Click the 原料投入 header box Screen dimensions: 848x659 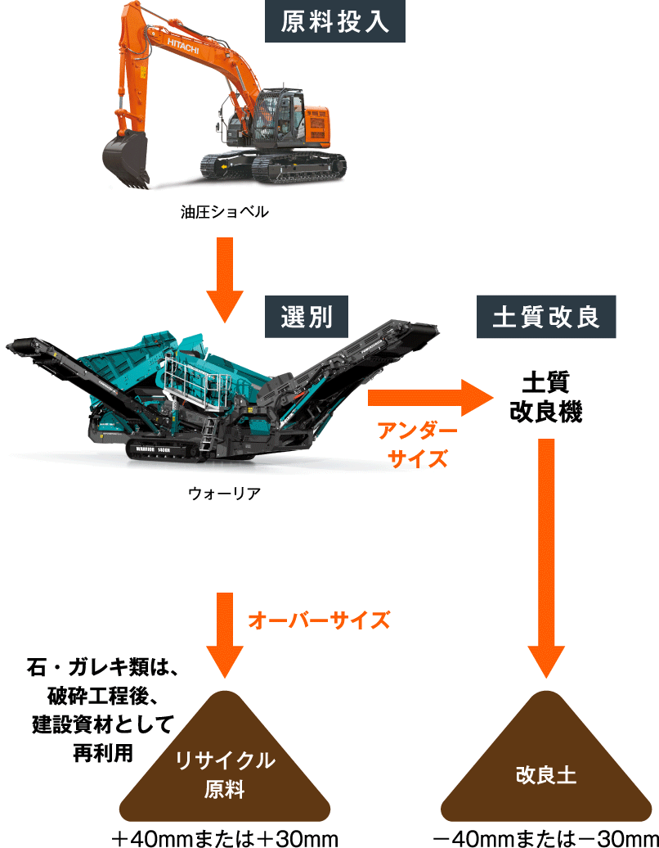335,21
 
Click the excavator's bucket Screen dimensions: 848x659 126,158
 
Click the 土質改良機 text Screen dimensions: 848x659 545,397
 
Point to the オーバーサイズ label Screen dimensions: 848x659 318,620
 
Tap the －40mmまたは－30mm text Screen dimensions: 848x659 545,837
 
